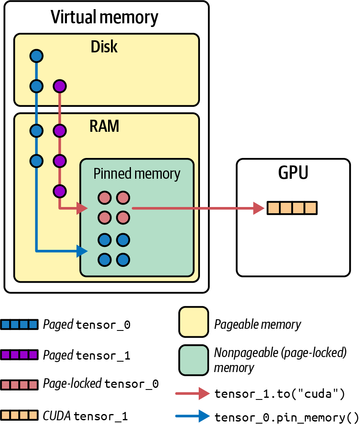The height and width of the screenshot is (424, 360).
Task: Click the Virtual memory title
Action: (x=104, y=17)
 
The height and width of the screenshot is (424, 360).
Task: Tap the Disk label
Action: (x=104, y=47)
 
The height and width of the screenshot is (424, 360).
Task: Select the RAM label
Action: (x=104, y=126)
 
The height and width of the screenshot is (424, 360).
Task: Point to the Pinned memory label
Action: (x=137, y=174)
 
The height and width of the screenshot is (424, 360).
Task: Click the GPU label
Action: (x=293, y=172)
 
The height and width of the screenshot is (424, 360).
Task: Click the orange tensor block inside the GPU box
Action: (x=292, y=208)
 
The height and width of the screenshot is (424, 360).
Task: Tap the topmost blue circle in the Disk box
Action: (x=37, y=56)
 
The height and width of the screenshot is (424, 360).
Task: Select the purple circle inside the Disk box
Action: (x=60, y=86)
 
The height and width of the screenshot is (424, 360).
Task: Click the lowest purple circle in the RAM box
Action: (x=60, y=191)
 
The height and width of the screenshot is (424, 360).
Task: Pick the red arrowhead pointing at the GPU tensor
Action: (x=259, y=208)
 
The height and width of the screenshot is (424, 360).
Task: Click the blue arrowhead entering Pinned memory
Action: (x=82, y=251)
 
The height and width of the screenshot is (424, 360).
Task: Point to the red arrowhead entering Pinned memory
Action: (x=82, y=208)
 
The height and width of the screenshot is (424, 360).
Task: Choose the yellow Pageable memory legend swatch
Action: (x=194, y=322)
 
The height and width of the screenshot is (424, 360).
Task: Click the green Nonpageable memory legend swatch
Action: (x=194, y=360)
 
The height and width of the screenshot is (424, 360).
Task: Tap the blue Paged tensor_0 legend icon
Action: (x=19, y=325)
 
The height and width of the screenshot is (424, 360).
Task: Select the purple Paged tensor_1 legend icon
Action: (x=19, y=355)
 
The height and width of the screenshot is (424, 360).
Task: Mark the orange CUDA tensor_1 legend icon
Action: (x=19, y=415)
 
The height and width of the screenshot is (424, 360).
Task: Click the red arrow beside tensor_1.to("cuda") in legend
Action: (x=192, y=393)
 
